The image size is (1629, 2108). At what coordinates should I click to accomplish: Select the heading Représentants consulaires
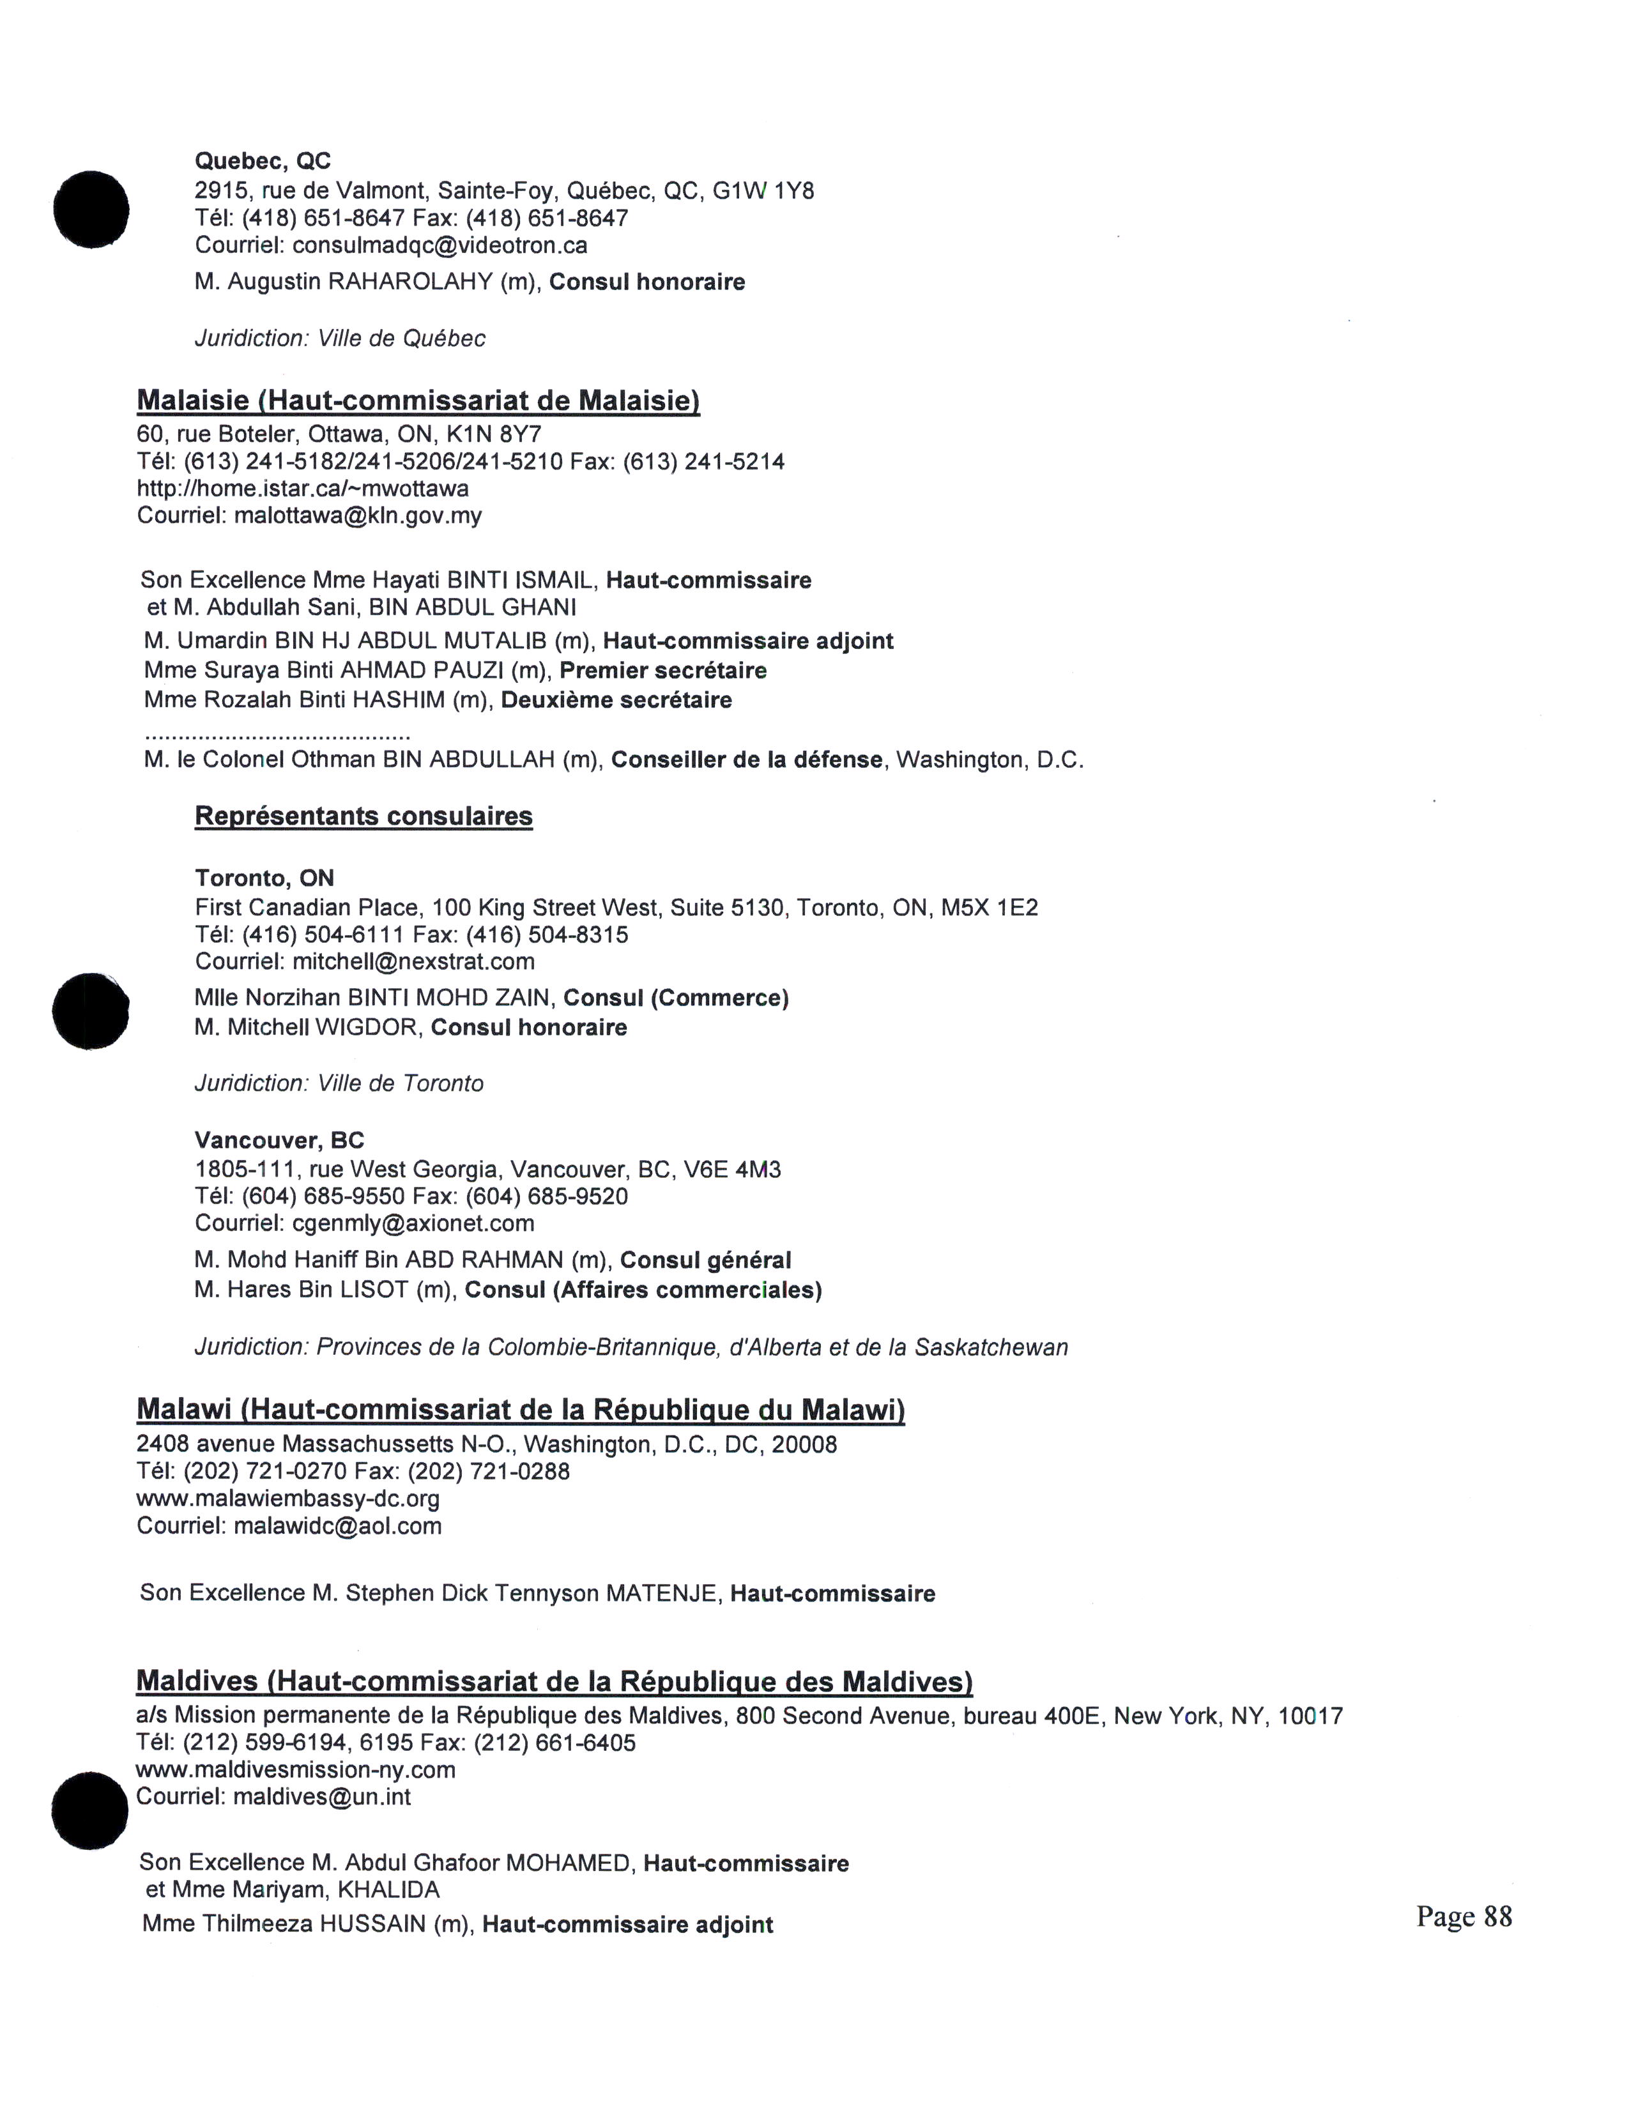(x=364, y=816)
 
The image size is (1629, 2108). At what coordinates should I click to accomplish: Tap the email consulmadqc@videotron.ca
(x=439, y=245)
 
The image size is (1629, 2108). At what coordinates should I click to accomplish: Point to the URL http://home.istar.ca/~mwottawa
(x=303, y=489)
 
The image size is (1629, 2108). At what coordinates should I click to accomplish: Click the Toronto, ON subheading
(x=264, y=878)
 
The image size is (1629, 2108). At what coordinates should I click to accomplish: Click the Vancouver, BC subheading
(x=279, y=1141)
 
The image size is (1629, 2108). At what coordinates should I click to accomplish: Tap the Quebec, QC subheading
(x=263, y=161)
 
